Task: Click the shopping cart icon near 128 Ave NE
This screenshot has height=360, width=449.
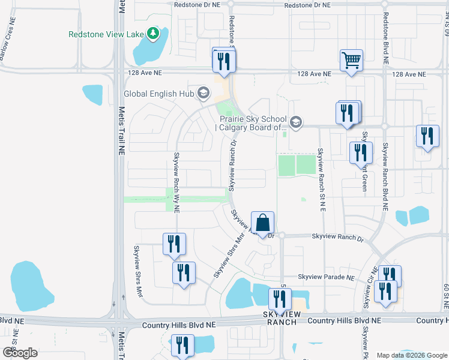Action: pyautogui.click(x=352, y=61)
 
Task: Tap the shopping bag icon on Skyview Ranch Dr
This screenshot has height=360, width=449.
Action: pyautogui.click(x=262, y=223)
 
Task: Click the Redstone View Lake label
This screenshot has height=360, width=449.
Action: pyautogui.click(x=106, y=34)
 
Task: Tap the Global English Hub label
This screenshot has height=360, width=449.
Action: pyautogui.click(x=159, y=94)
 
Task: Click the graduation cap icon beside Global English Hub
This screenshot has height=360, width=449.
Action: pyautogui.click(x=203, y=92)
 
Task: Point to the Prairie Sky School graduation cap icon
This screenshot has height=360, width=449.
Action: pyautogui.click(x=295, y=122)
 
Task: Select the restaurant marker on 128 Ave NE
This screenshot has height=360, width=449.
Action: pyautogui.click(x=224, y=61)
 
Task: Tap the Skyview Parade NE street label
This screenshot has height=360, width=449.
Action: pyautogui.click(x=327, y=277)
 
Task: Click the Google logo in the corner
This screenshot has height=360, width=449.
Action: pyautogui.click(x=20, y=352)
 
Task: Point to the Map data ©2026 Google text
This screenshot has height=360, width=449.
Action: pyautogui.click(x=411, y=355)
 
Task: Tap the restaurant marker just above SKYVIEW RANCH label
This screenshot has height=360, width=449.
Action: pyautogui.click(x=280, y=299)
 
